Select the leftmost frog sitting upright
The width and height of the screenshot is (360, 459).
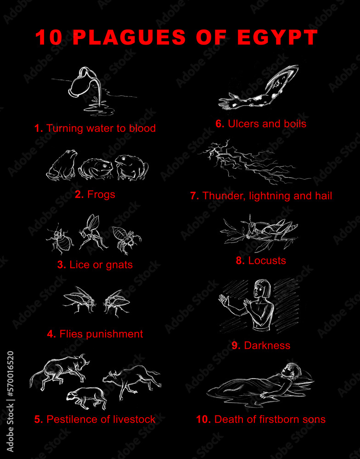coord(62,165)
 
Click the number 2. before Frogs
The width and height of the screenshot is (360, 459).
coord(79,195)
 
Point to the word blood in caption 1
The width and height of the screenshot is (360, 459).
coord(141,129)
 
